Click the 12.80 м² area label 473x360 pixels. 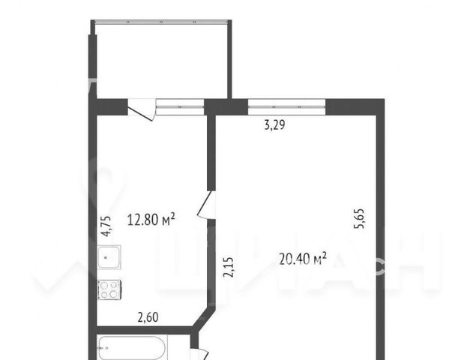(151, 220)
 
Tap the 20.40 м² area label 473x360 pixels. (303, 259)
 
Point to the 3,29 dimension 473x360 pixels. (274, 125)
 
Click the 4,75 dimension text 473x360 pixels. (106, 226)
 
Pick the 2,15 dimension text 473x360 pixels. (228, 267)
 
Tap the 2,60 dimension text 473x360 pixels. (148, 317)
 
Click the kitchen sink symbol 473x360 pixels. (109, 257)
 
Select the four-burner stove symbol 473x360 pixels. (109, 289)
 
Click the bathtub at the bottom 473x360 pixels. (132, 348)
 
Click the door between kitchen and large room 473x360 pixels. (207, 205)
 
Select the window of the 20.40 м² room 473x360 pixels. (286, 106)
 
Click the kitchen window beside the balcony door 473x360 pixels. (180, 106)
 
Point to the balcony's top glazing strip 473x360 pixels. (161, 22)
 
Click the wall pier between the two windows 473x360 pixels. (226, 106)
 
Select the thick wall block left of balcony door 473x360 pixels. (112, 106)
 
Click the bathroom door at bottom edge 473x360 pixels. (199, 354)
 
